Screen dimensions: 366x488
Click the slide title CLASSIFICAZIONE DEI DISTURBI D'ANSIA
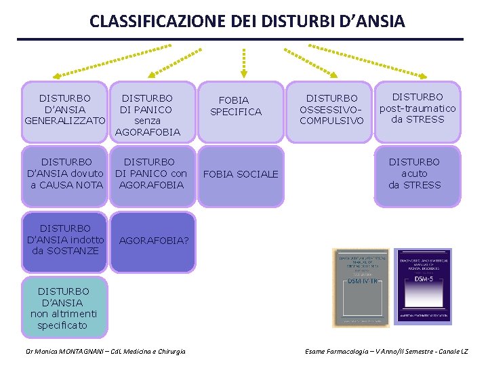247,21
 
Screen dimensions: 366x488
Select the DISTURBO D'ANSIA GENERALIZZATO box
65,110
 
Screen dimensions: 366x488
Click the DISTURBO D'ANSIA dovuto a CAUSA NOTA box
65,174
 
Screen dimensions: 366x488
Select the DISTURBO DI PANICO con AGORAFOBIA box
150,174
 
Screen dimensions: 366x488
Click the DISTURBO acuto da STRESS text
414,174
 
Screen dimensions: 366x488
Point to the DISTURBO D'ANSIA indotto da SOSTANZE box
65,240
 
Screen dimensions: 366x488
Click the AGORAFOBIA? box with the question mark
153,241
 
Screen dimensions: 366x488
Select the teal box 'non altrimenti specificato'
64,307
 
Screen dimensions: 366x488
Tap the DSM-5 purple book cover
422,287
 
